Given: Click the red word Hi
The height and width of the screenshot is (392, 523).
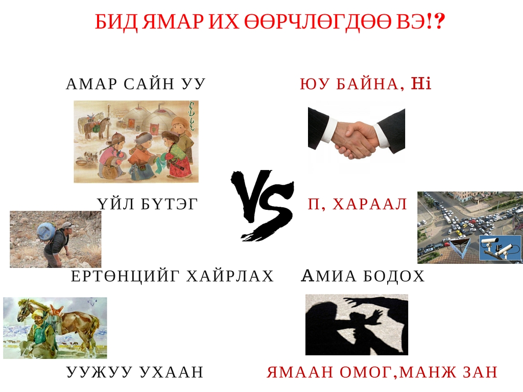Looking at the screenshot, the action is click(421, 83).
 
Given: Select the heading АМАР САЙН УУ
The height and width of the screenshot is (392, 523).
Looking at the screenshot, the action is click(135, 84).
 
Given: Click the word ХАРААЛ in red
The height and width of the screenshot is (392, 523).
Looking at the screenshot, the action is click(370, 204).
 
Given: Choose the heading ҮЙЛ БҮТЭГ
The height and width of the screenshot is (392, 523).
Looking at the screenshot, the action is click(148, 204).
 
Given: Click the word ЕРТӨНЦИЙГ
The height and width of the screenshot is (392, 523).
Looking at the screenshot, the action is click(126, 276).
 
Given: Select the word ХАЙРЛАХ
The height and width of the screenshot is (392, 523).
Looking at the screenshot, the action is click(230, 276).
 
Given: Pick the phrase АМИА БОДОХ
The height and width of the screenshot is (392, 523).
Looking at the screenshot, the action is click(363, 276).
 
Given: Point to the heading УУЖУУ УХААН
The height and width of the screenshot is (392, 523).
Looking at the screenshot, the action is click(135, 372).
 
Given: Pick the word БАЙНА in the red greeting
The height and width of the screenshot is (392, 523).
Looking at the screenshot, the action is click(367, 84).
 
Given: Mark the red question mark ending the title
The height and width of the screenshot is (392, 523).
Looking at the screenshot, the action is click(440, 22).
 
